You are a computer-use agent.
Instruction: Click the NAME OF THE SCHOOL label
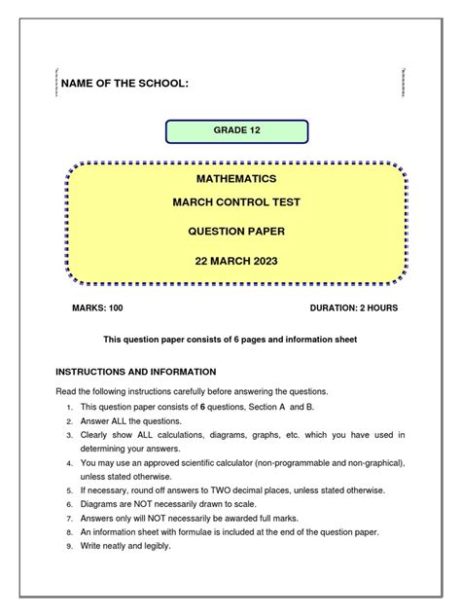(124, 86)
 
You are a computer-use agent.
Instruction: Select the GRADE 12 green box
(236, 130)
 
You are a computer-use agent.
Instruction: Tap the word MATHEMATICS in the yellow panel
(236, 179)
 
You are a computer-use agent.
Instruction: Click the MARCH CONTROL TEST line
(236, 202)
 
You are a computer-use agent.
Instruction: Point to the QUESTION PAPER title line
(236, 231)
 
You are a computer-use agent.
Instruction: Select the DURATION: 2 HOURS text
(353, 307)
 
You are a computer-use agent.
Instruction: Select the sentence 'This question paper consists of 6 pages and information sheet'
(231, 340)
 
